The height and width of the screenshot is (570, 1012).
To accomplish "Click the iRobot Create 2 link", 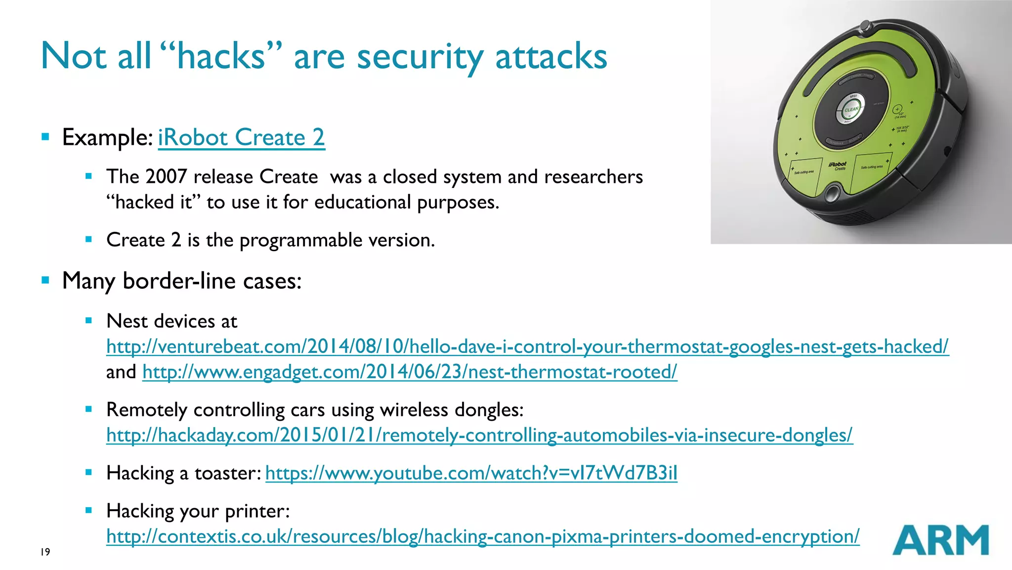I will click(241, 137).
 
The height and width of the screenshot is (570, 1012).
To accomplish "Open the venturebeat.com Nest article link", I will click(527, 347).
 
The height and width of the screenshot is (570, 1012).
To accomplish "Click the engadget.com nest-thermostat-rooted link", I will click(410, 372).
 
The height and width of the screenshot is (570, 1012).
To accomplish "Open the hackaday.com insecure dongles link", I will click(479, 435).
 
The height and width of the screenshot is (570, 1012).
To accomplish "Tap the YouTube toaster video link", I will click(471, 473).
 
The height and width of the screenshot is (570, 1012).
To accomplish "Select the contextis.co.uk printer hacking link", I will click(483, 536).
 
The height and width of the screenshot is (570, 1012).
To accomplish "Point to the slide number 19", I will click(45, 552).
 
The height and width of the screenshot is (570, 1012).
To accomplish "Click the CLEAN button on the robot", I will click(851, 110).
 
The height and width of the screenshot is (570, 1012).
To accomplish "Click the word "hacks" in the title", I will click(221, 56).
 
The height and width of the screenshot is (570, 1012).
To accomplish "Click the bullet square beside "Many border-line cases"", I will click(46, 280).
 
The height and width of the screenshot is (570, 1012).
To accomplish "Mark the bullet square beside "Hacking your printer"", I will click(89, 511).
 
